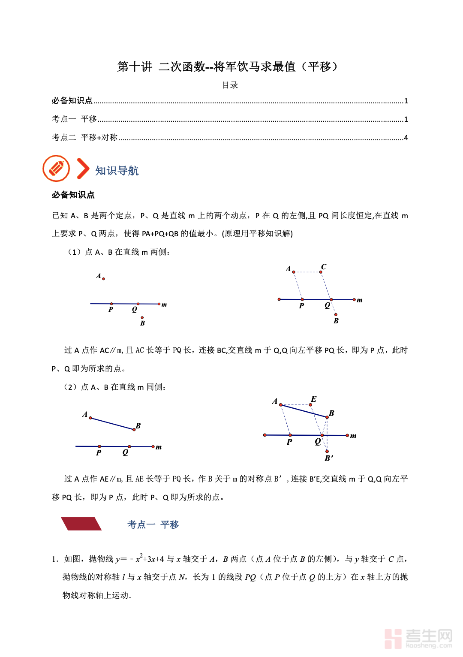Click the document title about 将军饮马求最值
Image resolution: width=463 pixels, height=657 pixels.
point(228,67)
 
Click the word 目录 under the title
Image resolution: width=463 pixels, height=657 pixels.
point(230,85)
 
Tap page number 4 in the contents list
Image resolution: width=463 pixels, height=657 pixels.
point(406,138)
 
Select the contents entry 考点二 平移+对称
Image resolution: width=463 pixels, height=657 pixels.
point(85,137)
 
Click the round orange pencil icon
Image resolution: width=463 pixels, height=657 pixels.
point(56,169)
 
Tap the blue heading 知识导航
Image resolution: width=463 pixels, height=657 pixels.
point(117,171)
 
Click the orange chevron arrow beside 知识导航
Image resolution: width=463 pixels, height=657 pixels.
point(82,169)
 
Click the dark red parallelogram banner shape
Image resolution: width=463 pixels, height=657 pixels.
point(81,524)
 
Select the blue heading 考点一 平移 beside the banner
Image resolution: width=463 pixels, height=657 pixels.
point(153,524)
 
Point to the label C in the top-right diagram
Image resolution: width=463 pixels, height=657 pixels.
point(324,267)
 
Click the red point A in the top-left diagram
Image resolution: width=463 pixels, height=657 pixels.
point(103,279)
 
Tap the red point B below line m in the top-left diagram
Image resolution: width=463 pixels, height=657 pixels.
point(142,318)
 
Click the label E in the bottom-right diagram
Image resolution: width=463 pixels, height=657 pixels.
point(313,399)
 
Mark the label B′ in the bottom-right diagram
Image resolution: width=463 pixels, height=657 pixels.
point(329,458)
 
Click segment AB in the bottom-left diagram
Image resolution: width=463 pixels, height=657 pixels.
point(112,424)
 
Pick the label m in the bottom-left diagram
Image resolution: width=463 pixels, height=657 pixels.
point(159,447)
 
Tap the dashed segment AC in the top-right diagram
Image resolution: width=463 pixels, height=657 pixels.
point(307,272)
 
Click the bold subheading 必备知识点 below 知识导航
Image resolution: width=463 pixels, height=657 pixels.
point(73,195)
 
